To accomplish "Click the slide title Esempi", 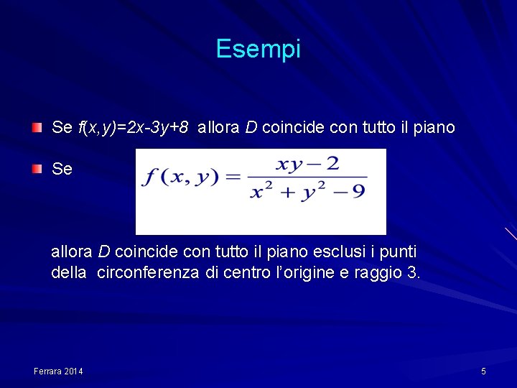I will [258, 50].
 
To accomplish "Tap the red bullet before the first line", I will [37, 128].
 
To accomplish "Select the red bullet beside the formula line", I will [37, 170].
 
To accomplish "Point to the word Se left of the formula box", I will [62, 170].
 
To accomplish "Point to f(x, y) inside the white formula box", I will [179, 177].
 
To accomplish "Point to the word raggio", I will [378, 273].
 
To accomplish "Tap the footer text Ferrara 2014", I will [58, 371].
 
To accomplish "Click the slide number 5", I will [483, 371].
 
